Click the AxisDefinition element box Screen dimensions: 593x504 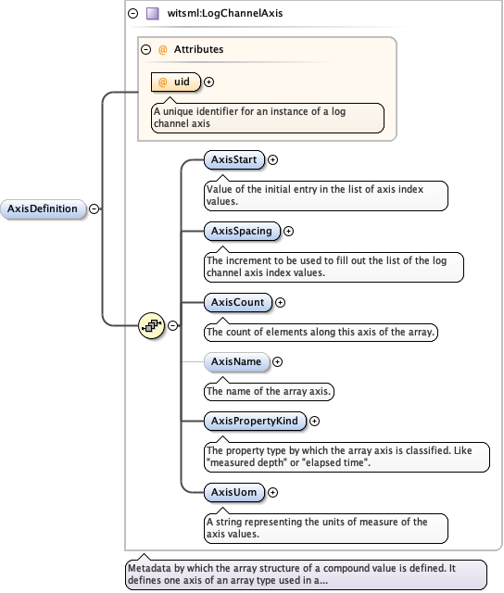(x=43, y=208)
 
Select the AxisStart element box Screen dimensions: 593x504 (x=234, y=159)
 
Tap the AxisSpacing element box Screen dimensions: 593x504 (x=242, y=231)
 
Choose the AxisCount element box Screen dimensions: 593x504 (x=238, y=302)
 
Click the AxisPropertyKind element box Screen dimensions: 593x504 (x=255, y=421)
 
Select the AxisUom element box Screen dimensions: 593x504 (x=233, y=492)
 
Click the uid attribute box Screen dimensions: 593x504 (x=175, y=82)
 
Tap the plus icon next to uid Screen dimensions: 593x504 (x=208, y=82)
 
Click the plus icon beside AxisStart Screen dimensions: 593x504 (x=272, y=159)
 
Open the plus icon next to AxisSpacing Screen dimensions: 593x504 (x=288, y=231)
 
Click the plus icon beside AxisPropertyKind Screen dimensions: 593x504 (x=314, y=421)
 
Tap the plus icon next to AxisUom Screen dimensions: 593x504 (x=271, y=492)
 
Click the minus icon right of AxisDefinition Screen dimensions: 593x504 (x=94, y=208)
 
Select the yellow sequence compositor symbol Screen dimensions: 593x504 (x=151, y=325)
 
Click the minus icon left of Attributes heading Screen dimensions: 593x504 (x=145, y=49)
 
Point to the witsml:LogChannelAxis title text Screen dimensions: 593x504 (x=211, y=14)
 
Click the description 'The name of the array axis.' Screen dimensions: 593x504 (x=269, y=391)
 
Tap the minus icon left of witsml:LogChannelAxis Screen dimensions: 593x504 (x=133, y=14)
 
